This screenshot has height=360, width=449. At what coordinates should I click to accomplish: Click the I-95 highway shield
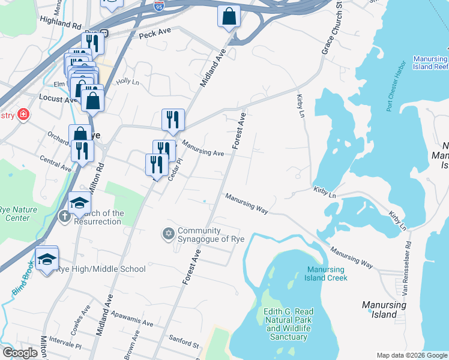tap(158, 6)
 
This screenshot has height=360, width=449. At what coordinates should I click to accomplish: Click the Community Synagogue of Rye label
tap(199, 235)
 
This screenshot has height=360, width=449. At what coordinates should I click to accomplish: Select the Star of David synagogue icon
tap(168, 233)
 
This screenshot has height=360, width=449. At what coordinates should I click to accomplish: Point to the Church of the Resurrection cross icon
tap(65, 215)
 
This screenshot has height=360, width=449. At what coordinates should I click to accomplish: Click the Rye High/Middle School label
tap(101, 269)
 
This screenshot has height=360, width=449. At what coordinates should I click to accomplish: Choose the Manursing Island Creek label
tap(327, 274)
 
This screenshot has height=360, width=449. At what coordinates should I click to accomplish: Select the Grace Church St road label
tap(331, 29)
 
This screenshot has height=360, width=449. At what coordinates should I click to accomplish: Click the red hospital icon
tap(23, 115)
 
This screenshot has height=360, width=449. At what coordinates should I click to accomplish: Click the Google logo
tap(20, 353)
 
